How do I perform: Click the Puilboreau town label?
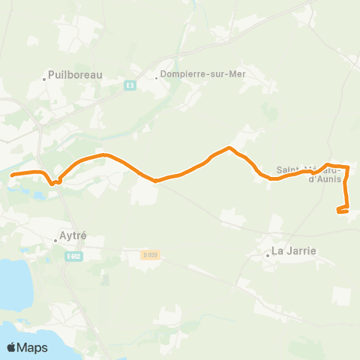point(74,74)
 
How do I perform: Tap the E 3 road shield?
point(131,85)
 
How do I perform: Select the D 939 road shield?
point(151,255)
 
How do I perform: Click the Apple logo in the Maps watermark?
point(12,347)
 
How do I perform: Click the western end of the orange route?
point(12,175)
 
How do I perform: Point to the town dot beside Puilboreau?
point(44,75)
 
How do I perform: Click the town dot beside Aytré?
point(56,241)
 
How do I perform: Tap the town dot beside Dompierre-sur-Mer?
point(157,75)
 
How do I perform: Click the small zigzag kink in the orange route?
point(54,181)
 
